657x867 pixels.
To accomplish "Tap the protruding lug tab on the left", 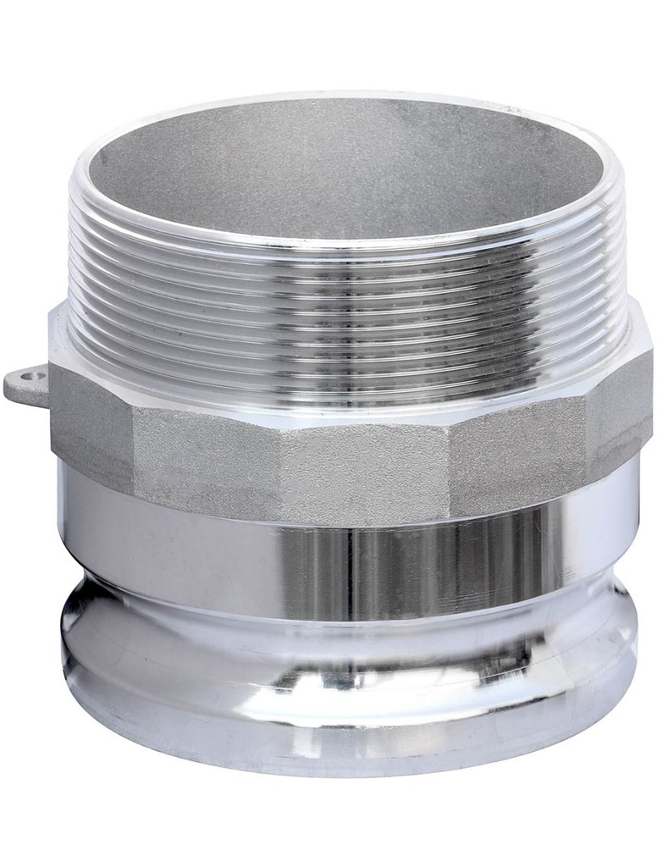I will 25,383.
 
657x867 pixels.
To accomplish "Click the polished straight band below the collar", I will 347,559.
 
